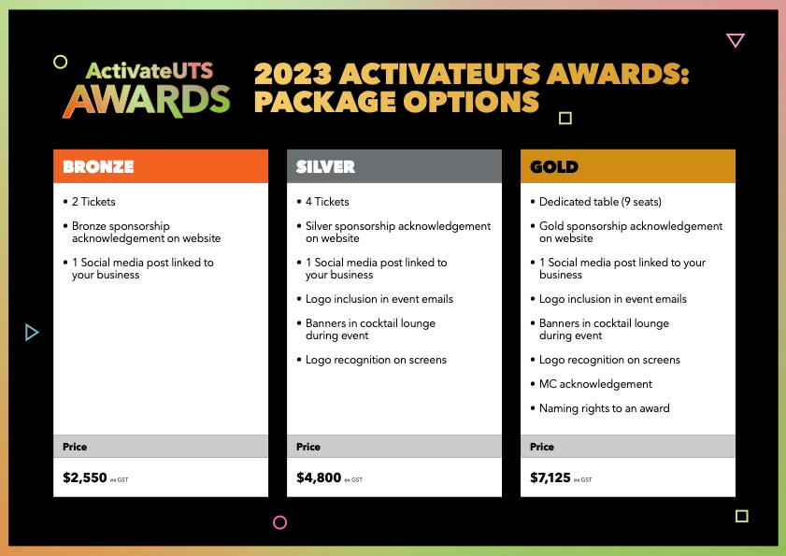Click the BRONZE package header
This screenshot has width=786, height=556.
pos(99,167)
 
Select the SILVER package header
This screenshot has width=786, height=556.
pos(325,167)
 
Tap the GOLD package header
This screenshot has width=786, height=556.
pos(554,167)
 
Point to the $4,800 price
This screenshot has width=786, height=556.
pos(319,478)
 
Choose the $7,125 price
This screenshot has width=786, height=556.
pos(550,478)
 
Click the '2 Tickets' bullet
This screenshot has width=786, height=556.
pos(93,202)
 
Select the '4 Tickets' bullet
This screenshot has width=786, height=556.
pos(327,202)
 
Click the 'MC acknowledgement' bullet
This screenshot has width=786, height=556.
pos(595,384)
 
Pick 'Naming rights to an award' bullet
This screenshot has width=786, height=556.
pos(604,408)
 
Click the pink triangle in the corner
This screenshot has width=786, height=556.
pos(736,40)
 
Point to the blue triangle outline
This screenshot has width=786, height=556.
pos(32,332)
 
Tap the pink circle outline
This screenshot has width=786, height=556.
pos(279,522)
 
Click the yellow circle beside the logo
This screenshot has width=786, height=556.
pos(61,63)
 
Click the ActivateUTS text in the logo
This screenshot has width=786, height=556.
pos(150,71)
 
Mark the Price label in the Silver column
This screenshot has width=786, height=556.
pos(308,447)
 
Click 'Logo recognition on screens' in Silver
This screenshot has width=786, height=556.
pos(376,360)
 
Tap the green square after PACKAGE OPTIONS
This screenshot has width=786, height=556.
pos(564,118)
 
